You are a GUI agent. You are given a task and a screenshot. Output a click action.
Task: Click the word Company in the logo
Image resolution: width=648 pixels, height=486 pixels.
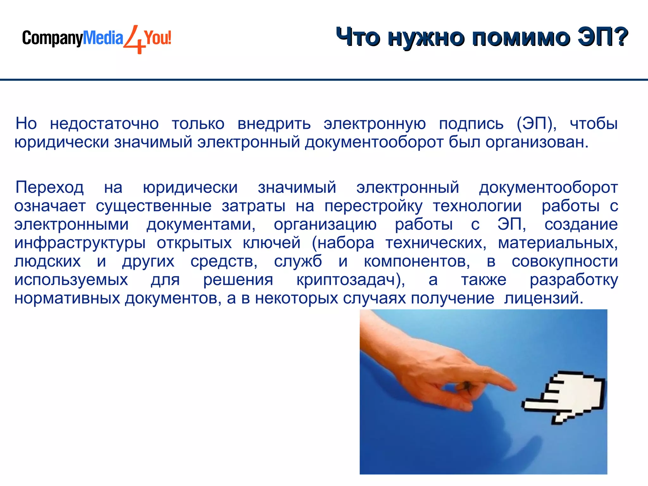pyautogui.click(x=52, y=39)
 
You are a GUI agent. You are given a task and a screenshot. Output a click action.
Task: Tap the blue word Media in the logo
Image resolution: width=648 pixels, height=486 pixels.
pyautogui.click(x=103, y=38)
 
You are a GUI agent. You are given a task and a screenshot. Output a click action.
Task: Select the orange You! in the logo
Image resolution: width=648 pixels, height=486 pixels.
pyautogui.click(x=158, y=38)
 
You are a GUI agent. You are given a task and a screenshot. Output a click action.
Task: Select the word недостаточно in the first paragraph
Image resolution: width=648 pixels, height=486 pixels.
pyautogui.click(x=104, y=124)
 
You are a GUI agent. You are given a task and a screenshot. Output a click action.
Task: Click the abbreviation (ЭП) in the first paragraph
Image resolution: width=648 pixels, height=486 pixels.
pyautogui.click(x=536, y=124)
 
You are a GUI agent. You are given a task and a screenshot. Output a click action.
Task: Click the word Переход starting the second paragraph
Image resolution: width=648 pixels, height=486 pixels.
pyautogui.click(x=50, y=187)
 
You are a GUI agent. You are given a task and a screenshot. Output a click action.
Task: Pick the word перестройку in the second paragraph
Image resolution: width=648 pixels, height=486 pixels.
pyautogui.click(x=373, y=206)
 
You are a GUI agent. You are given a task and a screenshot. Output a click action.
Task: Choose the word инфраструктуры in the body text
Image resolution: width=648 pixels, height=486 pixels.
pyautogui.click(x=80, y=243)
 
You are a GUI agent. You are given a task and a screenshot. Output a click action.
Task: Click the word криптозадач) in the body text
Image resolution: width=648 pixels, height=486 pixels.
pyautogui.click(x=351, y=280)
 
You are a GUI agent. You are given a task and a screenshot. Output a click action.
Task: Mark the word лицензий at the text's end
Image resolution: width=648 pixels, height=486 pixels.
pyautogui.click(x=543, y=298)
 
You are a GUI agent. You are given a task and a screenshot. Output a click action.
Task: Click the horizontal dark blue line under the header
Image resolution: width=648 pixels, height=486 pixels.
pyautogui.click(x=324, y=80)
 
